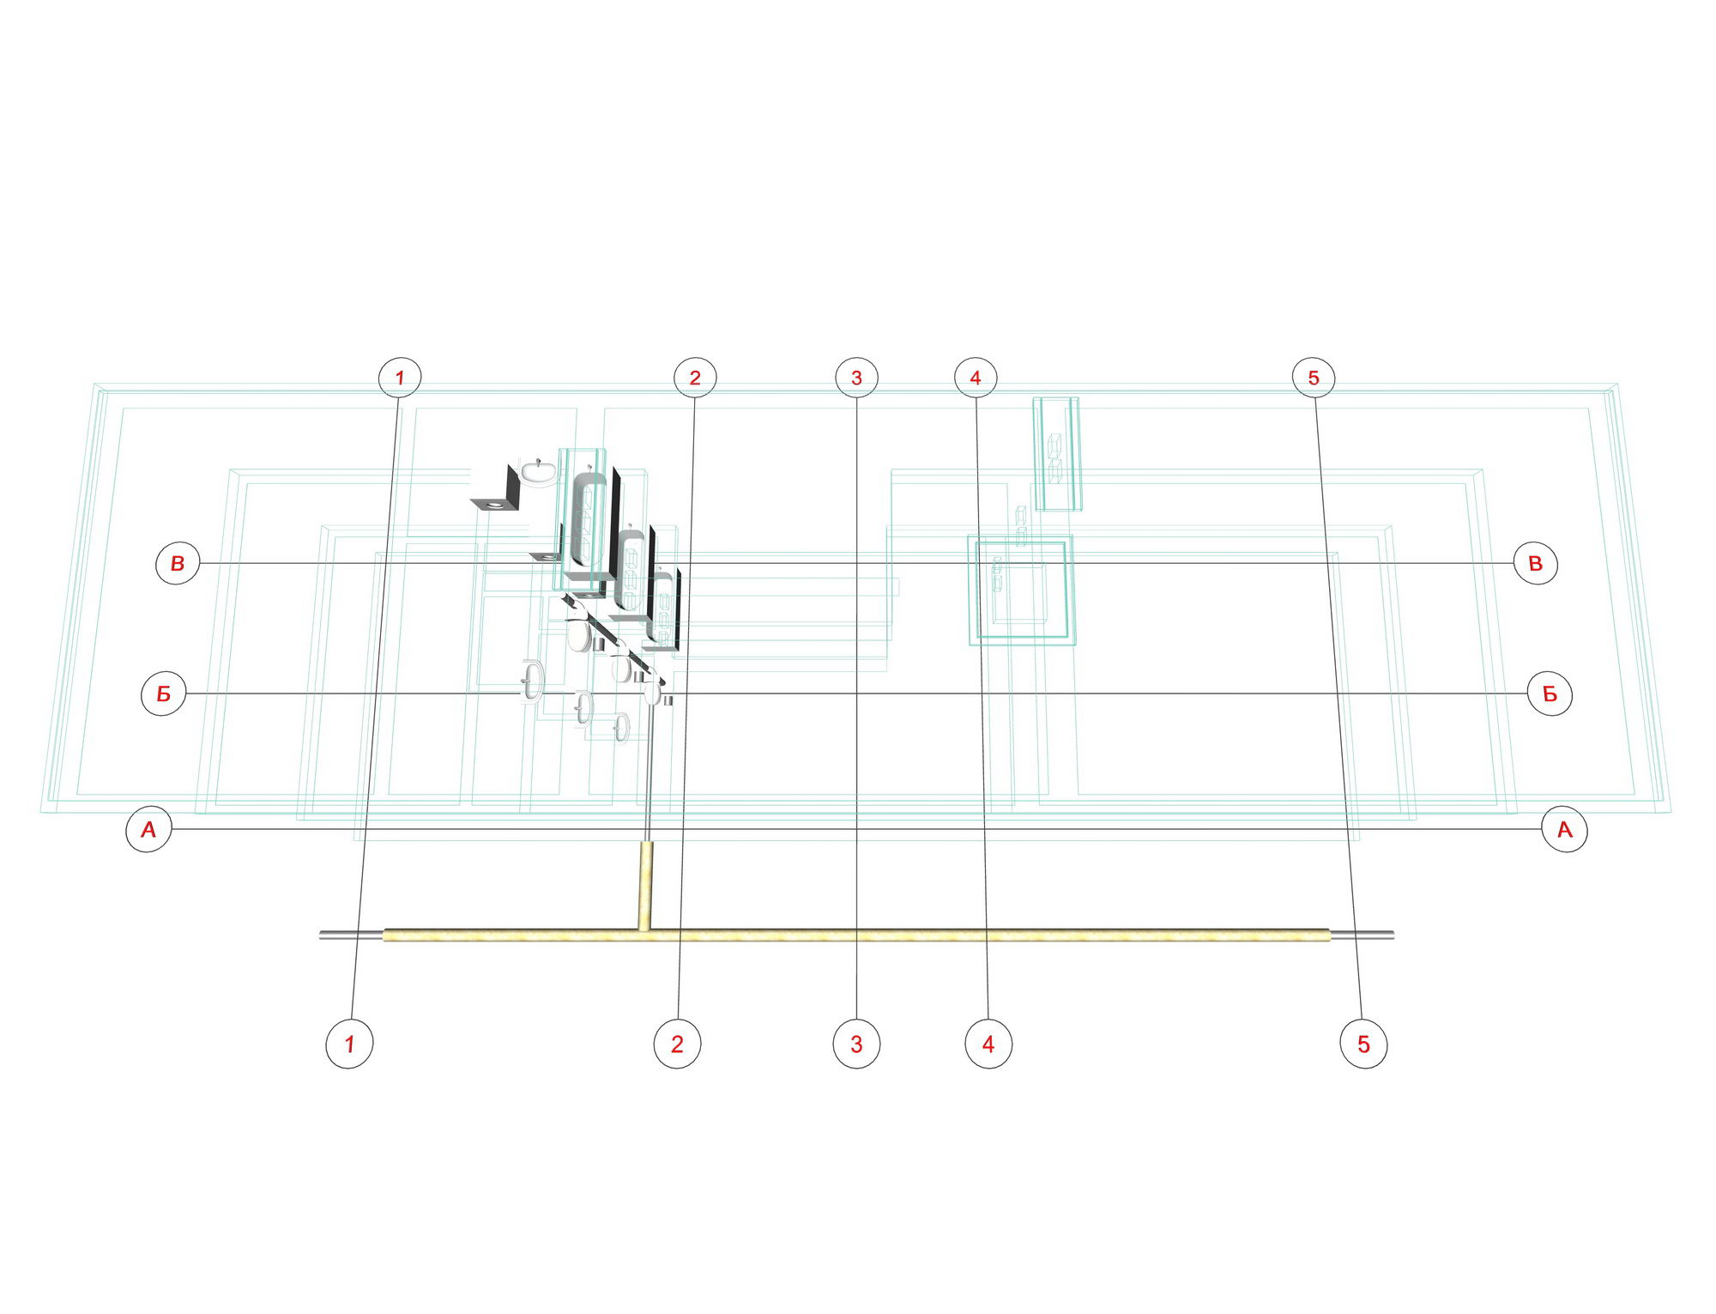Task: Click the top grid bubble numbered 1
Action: coord(400,377)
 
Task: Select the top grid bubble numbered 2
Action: coord(695,377)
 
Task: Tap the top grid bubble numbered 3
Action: coord(856,377)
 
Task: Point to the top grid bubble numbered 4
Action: coord(976,377)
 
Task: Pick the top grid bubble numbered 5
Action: coord(1314,377)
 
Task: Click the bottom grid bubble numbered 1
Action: coord(349,1044)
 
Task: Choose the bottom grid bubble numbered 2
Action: coord(677,1044)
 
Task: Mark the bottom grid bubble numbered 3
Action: coord(856,1044)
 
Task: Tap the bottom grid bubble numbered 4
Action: coord(988,1044)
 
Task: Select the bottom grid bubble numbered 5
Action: coord(1363,1044)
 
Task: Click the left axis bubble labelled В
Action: coord(178,563)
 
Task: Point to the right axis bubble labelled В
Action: coord(1535,563)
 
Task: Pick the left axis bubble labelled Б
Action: coord(163,693)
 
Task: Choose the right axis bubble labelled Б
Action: coord(1550,693)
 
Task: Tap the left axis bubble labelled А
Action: coord(148,830)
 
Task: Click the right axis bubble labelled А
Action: coord(1564,830)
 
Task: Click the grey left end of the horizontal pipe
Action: coord(352,935)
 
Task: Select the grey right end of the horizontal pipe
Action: coord(1362,935)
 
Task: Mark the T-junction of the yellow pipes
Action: coord(644,933)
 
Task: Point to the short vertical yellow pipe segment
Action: coord(645,885)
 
